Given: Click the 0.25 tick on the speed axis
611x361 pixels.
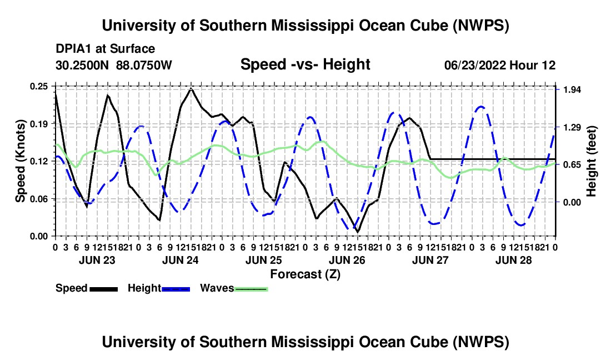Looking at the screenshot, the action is coord(38,87).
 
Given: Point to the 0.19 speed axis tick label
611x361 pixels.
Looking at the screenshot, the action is coord(38,124).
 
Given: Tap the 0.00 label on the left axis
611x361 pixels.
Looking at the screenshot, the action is coord(38,237).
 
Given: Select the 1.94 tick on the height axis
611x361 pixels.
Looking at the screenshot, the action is coord(573,90).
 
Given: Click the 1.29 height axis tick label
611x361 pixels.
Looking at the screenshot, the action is coord(573,128).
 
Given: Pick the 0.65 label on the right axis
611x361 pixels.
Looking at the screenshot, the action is coord(573,165).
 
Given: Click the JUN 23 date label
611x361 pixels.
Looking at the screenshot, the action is coord(97,260).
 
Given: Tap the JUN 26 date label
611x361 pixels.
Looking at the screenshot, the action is coord(347,260).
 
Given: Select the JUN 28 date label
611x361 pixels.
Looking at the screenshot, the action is coord(514,260).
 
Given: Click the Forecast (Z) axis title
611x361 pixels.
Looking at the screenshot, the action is coord(305,274).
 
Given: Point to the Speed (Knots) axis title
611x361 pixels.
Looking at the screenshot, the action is coord(20,161).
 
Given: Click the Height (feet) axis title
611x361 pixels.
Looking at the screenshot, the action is coord(591,161).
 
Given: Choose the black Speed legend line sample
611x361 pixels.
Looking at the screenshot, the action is coord(104,289).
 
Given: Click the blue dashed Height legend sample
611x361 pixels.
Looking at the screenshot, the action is coord(176,289).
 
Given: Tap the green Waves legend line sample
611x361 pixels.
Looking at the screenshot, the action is coord(251,289).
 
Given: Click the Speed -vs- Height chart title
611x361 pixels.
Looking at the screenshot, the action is coord(305,64).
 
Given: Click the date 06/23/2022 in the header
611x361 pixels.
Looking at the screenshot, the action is coord(475,66).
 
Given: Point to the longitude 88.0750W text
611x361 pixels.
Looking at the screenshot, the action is coord(144,66).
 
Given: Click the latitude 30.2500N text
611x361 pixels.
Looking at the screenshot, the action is coord(82,66).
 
